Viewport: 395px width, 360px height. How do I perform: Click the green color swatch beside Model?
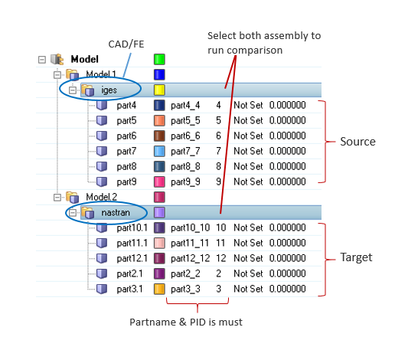159,59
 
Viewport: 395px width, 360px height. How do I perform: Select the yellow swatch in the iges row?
159,90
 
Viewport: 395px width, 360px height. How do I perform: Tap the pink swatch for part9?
159,182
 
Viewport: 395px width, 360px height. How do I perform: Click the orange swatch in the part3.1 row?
159,289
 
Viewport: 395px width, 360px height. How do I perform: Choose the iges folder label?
109,90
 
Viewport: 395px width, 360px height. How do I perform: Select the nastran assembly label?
116,212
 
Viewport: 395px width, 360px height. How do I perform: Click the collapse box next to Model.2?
57,198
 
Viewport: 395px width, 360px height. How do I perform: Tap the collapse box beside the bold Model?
42,60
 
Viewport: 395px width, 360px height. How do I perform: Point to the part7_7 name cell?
185,152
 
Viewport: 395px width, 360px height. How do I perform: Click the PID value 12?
221,258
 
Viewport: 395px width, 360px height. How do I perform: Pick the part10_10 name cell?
191,227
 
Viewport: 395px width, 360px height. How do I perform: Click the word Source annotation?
357,142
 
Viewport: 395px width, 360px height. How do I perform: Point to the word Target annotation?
356,257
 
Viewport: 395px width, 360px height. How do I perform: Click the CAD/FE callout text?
126,44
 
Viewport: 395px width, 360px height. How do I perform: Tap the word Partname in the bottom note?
152,322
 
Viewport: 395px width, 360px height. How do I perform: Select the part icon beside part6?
102,136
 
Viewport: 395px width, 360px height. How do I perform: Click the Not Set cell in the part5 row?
248,120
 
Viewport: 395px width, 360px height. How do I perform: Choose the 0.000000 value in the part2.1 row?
288,273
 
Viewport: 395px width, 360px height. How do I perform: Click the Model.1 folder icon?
73,74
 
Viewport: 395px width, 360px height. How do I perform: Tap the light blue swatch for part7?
159,151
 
